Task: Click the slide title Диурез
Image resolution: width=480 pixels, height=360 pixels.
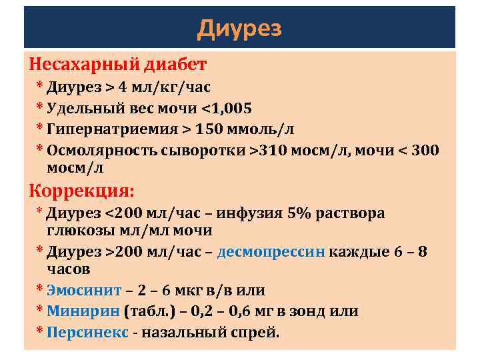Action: pyautogui.click(x=240, y=29)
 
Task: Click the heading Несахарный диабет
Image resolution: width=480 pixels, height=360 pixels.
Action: pyautogui.click(x=118, y=65)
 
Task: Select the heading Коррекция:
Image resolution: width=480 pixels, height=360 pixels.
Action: pyautogui.click(x=81, y=191)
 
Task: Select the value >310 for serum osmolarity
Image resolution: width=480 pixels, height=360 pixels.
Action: pyautogui.click(x=267, y=149)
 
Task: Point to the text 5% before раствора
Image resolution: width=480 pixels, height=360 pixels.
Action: pyautogui.click(x=301, y=213)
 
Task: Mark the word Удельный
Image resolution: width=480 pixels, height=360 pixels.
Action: pyautogui.click(x=83, y=108)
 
